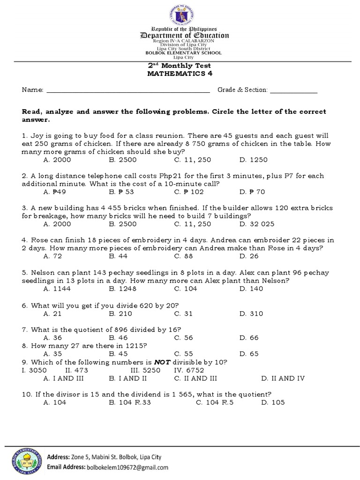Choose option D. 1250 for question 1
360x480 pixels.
(253, 160)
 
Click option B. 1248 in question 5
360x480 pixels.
(124, 289)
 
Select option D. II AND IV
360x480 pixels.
(283, 378)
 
